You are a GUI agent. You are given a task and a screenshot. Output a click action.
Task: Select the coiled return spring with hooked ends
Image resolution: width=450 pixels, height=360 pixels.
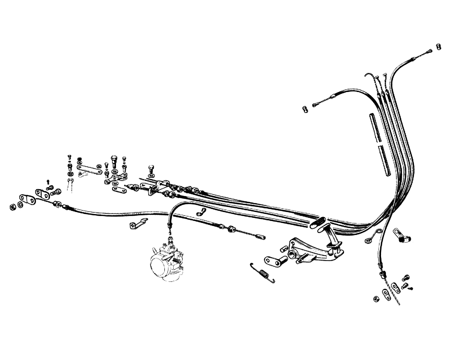coord(263,273)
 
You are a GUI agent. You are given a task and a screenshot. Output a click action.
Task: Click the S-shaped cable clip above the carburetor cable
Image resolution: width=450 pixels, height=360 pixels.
coord(201,211)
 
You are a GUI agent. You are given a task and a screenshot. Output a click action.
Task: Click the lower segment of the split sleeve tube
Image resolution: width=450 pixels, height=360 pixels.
coord(385,161)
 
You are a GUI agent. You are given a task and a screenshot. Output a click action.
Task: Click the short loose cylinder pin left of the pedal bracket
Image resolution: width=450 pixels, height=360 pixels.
coord(284,248)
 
